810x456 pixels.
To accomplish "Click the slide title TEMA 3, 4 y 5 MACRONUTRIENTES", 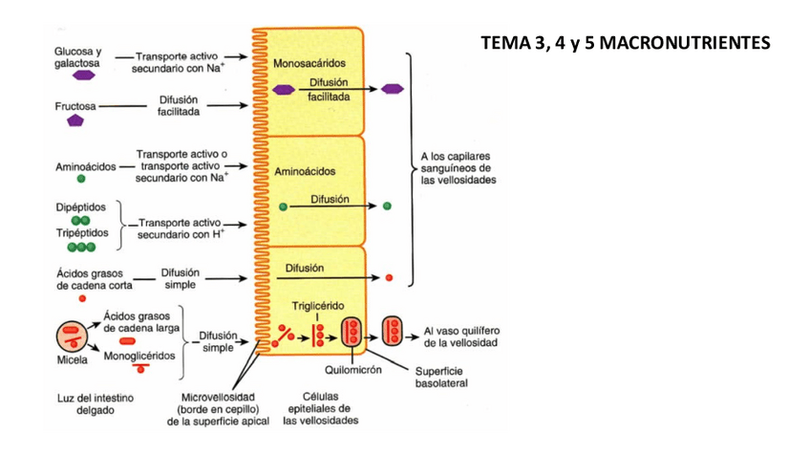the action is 625,43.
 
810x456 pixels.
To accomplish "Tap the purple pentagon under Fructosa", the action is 75,121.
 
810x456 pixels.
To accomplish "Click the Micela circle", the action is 72,337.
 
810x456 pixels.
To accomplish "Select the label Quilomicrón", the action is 352,370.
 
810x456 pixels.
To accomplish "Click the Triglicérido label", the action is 318,306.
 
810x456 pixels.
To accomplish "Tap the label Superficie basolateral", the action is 441,378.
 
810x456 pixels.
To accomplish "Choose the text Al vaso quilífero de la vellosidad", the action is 461,337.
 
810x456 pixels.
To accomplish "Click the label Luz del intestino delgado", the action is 96,404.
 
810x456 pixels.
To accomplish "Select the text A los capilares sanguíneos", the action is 455,163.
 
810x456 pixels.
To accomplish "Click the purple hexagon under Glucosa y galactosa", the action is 83,76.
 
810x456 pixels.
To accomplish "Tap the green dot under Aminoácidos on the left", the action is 81,179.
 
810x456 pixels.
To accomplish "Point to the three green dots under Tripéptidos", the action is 81,248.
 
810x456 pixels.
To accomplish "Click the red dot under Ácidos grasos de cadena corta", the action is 82,298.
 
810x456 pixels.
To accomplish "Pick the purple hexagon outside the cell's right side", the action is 392,89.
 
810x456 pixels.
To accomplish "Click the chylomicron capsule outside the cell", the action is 393,332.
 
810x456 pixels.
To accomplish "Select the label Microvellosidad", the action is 218,398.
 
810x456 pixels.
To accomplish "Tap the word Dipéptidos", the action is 80,207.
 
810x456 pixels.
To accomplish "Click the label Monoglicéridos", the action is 139,357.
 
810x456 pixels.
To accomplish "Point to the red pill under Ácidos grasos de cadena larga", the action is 127,340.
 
